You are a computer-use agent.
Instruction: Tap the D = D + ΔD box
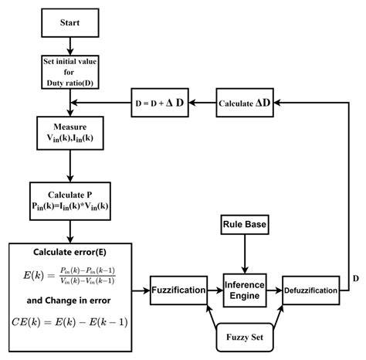coord(161,104)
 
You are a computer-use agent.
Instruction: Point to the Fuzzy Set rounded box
coord(244,338)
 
